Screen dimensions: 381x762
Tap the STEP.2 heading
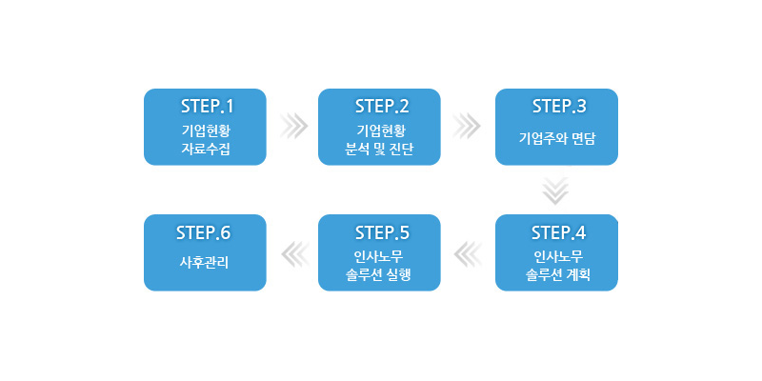pos(381,105)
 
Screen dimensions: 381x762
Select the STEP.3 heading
pos(558,105)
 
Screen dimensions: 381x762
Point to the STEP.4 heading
pos(558,232)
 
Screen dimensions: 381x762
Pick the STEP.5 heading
pos(381,232)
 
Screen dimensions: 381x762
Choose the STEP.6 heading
pos(204,232)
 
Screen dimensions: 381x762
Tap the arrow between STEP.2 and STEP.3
pos(468,126)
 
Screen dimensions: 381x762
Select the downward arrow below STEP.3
pos(556,190)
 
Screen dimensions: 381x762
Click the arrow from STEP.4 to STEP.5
pos(470,252)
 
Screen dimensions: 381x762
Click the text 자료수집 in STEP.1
pos(206,150)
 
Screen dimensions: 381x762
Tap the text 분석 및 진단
pos(379,150)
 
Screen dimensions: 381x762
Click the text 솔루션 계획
pos(557,276)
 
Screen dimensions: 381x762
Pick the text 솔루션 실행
pos(379,276)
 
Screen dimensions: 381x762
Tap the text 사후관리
pos(204,263)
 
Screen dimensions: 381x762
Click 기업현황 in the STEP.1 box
pos(206,130)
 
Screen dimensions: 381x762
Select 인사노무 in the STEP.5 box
pos(379,256)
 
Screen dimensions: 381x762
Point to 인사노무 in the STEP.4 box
pos(557,256)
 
